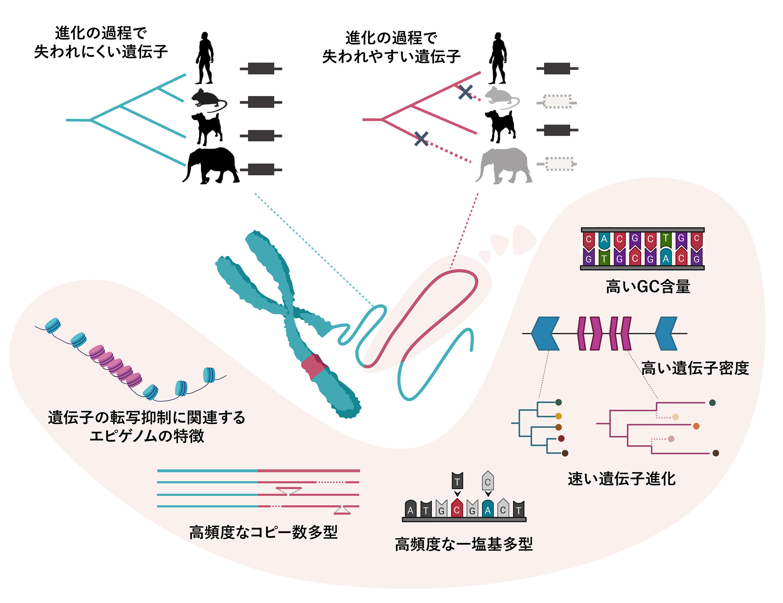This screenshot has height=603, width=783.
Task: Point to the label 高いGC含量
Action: tap(648, 287)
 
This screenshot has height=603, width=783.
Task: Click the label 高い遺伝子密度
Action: tap(695, 368)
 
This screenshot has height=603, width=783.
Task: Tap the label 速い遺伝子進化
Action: tap(622, 479)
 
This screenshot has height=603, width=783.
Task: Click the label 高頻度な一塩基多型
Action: tap(464, 544)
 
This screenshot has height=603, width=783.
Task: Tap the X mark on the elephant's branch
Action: tap(421, 139)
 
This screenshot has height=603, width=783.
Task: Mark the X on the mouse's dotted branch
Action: tap(465, 92)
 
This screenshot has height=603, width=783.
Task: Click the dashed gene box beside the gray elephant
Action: tap(559, 164)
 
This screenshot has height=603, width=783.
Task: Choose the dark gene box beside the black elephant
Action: tap(261, 169)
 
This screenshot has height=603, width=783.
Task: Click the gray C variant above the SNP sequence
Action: tap(488, 482)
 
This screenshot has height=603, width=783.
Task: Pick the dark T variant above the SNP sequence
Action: tap(457, 482)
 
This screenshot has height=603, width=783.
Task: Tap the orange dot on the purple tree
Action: tap(696, 426)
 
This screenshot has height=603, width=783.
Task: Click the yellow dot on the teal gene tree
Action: tap(559, 416)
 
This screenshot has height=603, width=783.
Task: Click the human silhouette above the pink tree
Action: tap(498, 58)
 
